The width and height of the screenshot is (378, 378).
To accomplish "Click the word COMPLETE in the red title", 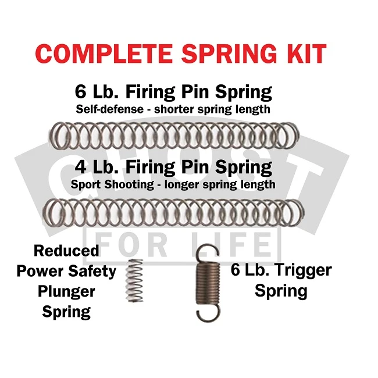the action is pos(104,54).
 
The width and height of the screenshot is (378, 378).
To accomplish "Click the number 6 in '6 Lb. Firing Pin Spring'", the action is pos(80,92).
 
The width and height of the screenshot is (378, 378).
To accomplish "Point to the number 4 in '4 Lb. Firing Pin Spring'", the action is pos(80,167).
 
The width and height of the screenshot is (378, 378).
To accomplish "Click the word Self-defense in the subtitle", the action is pos(110,109).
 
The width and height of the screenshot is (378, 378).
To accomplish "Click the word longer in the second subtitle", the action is pos(182,185).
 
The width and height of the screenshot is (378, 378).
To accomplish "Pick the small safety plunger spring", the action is pos(134,280).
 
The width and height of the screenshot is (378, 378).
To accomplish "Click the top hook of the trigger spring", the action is pos(207,253).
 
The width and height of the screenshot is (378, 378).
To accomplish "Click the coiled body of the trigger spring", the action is pos(208,283).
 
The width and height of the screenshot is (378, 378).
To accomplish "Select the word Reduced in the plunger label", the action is pos(66,251).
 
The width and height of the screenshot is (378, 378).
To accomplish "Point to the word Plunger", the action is pos(66,292).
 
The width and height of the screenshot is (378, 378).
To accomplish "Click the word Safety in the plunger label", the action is pos(92,272).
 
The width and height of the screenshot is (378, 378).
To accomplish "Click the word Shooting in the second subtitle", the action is pos(129,185).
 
